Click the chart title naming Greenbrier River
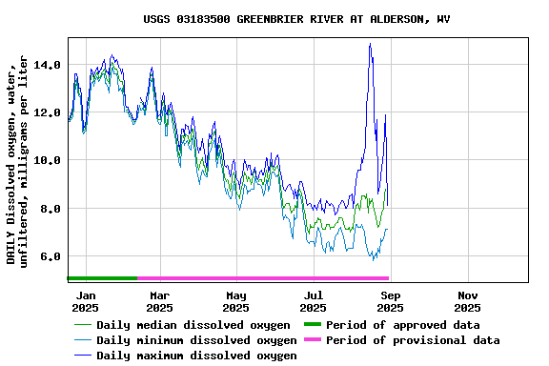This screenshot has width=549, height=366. point(296,19)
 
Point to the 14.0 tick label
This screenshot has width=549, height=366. point(47,65)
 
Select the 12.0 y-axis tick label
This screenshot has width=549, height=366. point(47,112)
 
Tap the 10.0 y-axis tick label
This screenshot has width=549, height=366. point(47,160)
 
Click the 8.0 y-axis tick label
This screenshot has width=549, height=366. point(50,209)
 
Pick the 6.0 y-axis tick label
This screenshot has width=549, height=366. point(50,256)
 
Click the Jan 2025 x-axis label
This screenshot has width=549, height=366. point(85,301)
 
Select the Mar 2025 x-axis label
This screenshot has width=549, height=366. point(159,301)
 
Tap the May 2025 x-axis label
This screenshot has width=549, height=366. point(236,301)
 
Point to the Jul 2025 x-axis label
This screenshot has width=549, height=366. point(313,301)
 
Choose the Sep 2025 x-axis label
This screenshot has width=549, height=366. point(390,301)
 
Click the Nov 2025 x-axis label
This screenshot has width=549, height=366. point(467,301)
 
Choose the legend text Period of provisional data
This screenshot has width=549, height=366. point(413,340)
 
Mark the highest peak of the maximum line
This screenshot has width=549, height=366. point(370,44)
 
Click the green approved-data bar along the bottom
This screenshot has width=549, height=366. point(102,278)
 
